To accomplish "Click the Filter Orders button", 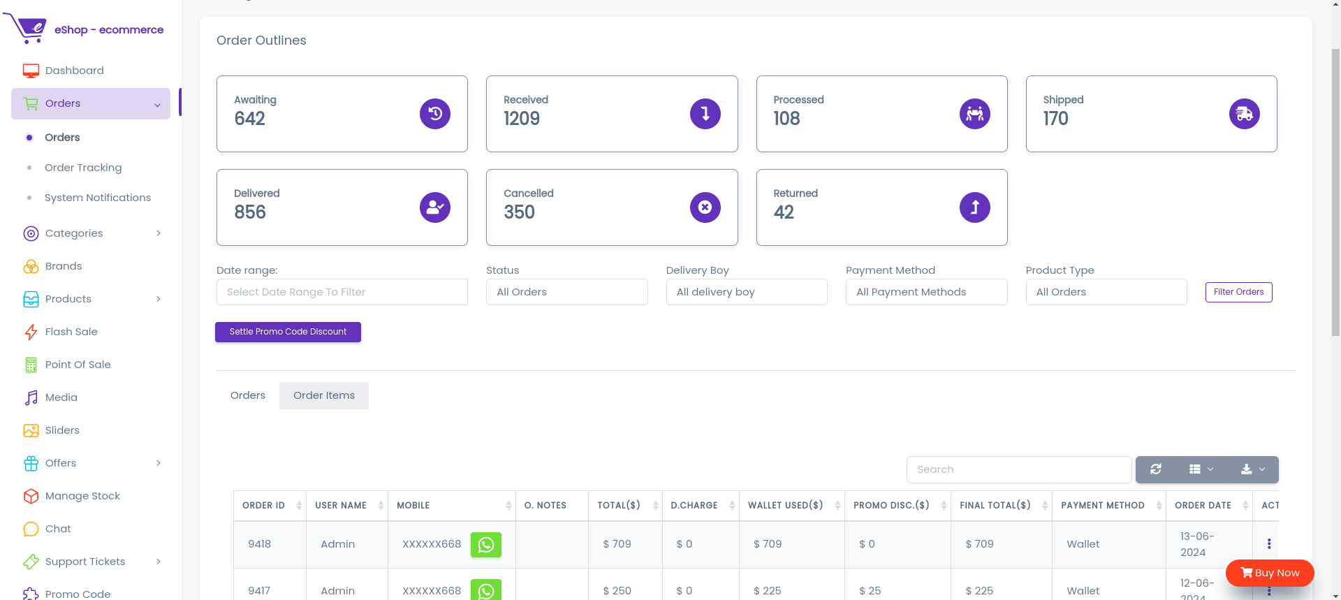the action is click(1238, 292).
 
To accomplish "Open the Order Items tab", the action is click(324, 395).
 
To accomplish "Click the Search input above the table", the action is click(1019, 469).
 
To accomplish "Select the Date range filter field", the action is click(342, 292).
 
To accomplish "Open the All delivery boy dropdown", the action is click(747, 292).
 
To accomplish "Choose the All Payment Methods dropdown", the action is click(926, 292).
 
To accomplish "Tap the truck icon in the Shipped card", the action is click(1245, 114).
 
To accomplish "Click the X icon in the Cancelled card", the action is click(705, 207).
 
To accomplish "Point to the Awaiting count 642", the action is click(250, 119).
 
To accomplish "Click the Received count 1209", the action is click(522, 119).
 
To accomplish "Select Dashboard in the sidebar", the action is click(75, 71).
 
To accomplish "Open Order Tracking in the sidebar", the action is click(83, 168).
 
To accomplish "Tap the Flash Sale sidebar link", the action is click(71, 332).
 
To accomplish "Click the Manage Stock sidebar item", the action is click(82, 496).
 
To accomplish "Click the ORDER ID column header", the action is click(263, 506).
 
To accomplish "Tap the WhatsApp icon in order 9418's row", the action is click(486, 545).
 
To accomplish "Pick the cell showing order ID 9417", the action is click(259, 591).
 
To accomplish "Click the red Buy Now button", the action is click(1270, 573).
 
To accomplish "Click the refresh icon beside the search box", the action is click(1156, 469).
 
